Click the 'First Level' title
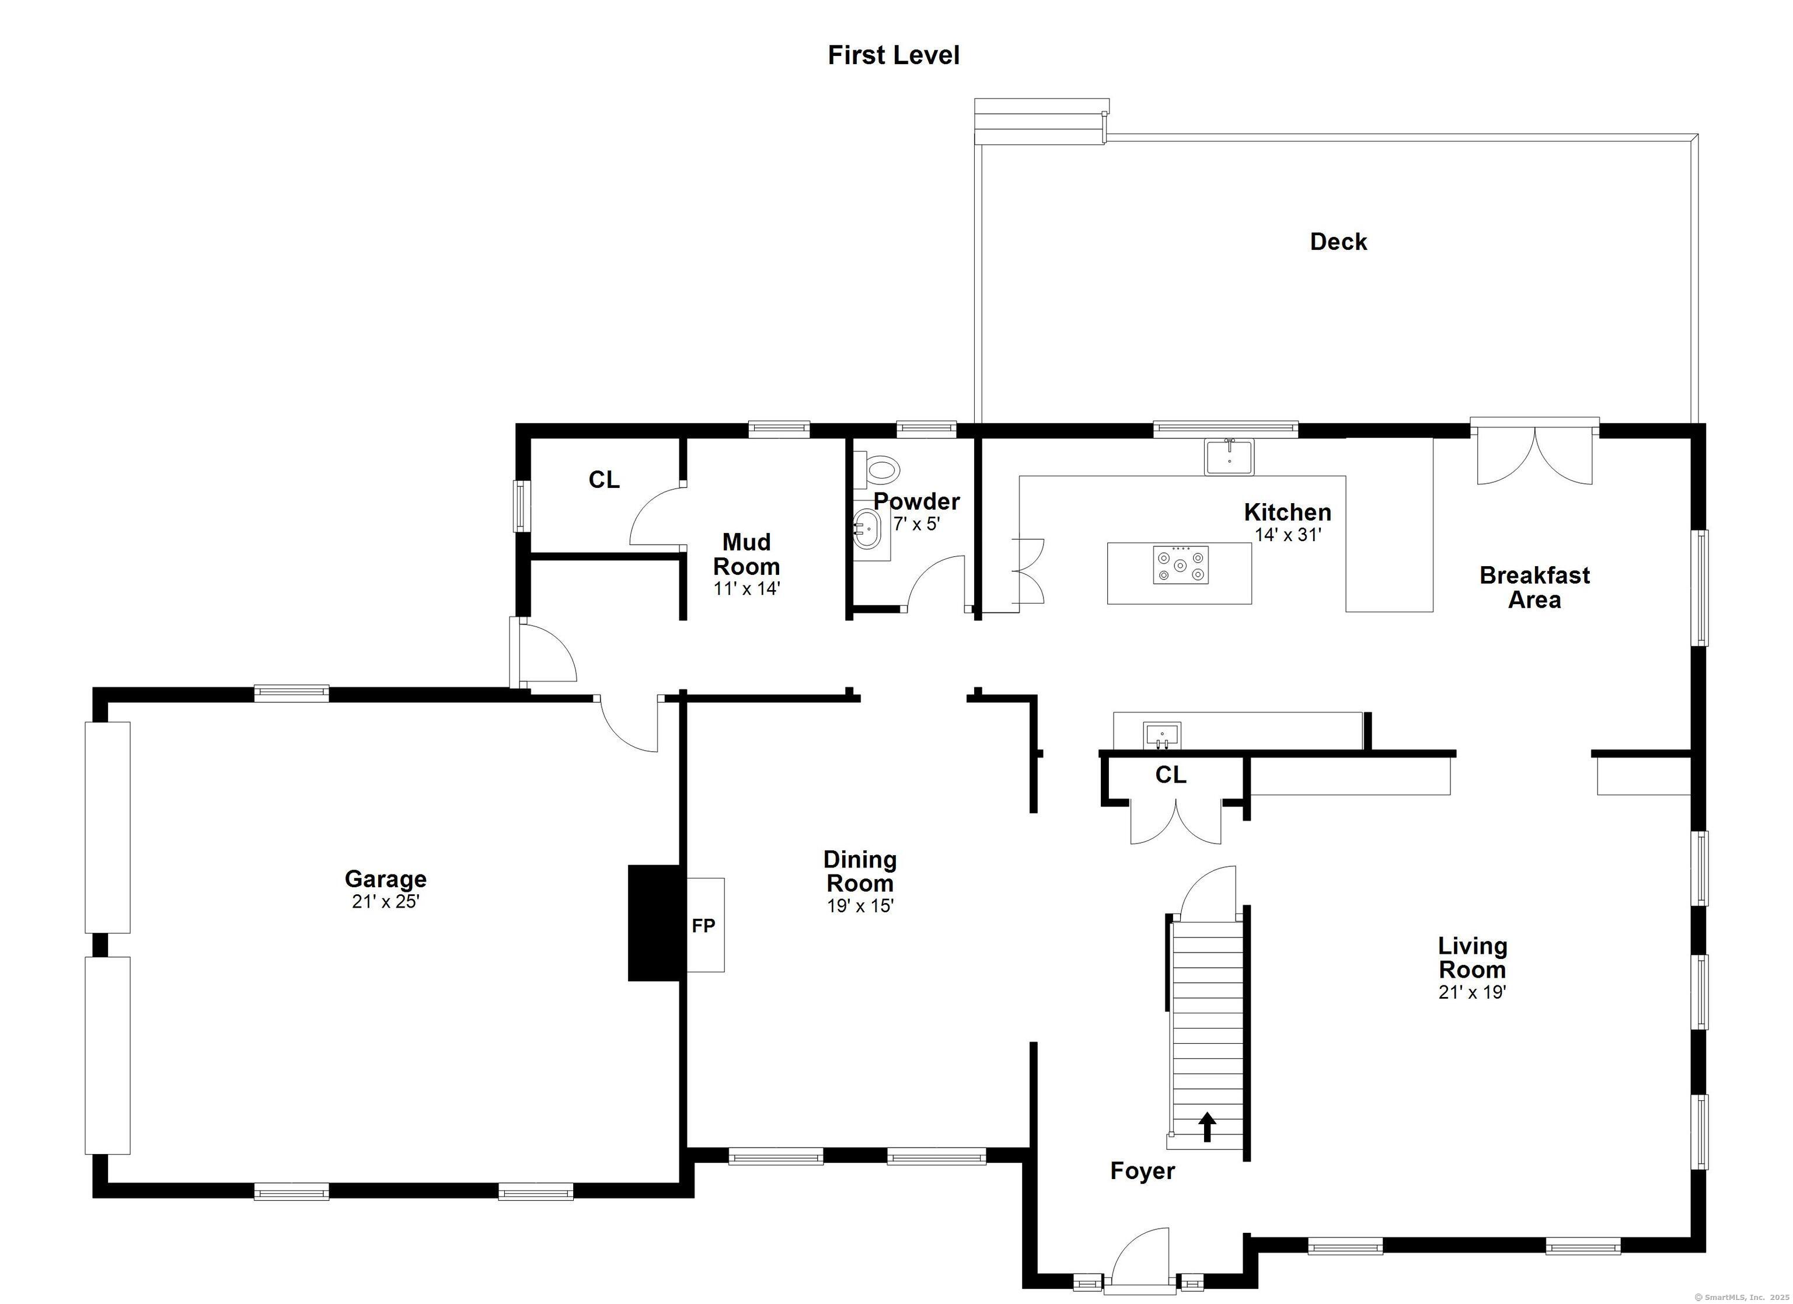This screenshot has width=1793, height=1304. [894, 55]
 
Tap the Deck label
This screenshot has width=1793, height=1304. [1338, 241]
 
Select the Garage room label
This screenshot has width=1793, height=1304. [386, 878]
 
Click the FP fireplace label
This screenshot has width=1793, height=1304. [704, 925]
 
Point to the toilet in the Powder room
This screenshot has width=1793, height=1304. [879, 470]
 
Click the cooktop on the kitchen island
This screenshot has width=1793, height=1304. [1180, 564]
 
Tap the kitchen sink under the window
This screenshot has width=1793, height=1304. [1229, 457]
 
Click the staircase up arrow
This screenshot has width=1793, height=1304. [1207, 1127]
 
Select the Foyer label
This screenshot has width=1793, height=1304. [1142, 1170]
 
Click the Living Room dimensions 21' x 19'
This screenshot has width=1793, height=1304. [1472, 992]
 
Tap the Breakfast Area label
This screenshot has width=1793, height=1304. [1534, 587]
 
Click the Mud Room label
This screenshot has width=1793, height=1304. [746, 555]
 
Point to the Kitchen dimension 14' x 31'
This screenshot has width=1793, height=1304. [1288, 535]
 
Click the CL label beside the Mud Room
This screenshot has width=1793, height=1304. [604, 480]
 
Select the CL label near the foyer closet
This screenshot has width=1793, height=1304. [1171, 775]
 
